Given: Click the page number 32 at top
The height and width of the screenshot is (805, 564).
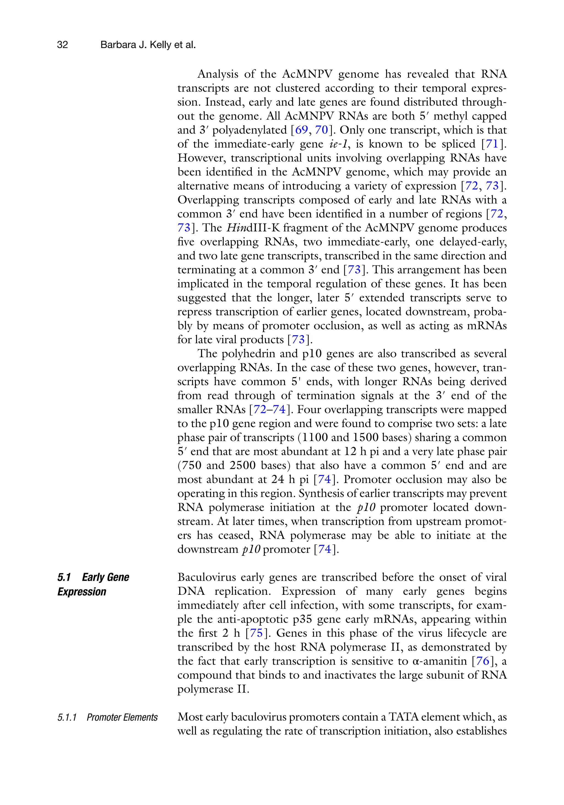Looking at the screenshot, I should point(63,45).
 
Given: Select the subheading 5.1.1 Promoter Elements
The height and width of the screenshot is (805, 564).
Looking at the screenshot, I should point(107,717).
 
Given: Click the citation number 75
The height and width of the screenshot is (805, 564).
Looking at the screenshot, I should point(256,633).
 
